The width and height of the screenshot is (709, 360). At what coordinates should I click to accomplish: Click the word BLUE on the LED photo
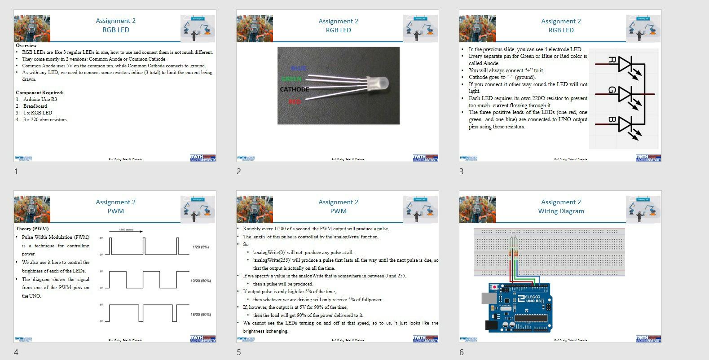click(x=298, y=68)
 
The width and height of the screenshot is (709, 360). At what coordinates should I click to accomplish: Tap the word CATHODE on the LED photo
click(x=294, y=89)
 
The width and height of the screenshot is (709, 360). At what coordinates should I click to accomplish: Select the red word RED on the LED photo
click(x=295, y=102)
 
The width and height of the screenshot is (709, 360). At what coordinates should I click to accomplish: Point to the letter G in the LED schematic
click(x=612, y=90)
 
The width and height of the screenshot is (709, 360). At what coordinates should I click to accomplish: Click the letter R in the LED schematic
click(x=612, y=60)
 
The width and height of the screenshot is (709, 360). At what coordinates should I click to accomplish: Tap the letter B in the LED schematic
click(x=612, y=120)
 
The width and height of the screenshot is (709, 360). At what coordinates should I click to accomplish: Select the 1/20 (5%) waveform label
click(x=200, y=247)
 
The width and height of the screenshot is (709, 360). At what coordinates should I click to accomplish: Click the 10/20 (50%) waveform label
click(x=200, y=281)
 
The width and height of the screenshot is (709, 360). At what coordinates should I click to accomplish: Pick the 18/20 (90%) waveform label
click(x=200, y=315)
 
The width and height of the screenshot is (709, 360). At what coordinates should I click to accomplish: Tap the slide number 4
click(x=16, y=352)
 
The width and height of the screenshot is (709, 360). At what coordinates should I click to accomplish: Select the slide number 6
click(x=461, y=352)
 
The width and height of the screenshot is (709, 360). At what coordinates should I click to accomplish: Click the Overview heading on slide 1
click(x=26, y=45)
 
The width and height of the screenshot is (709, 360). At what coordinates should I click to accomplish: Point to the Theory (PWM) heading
click(x=32, y=228)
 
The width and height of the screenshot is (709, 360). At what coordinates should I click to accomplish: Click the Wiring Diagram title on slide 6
click(x=561, y=211)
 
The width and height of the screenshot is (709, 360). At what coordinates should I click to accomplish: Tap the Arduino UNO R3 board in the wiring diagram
click(x=521, y=307)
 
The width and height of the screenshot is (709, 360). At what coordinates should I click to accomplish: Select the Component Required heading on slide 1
click(x=40, y=92)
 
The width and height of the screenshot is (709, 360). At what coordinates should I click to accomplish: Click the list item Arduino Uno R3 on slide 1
click(x=40, y=99)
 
